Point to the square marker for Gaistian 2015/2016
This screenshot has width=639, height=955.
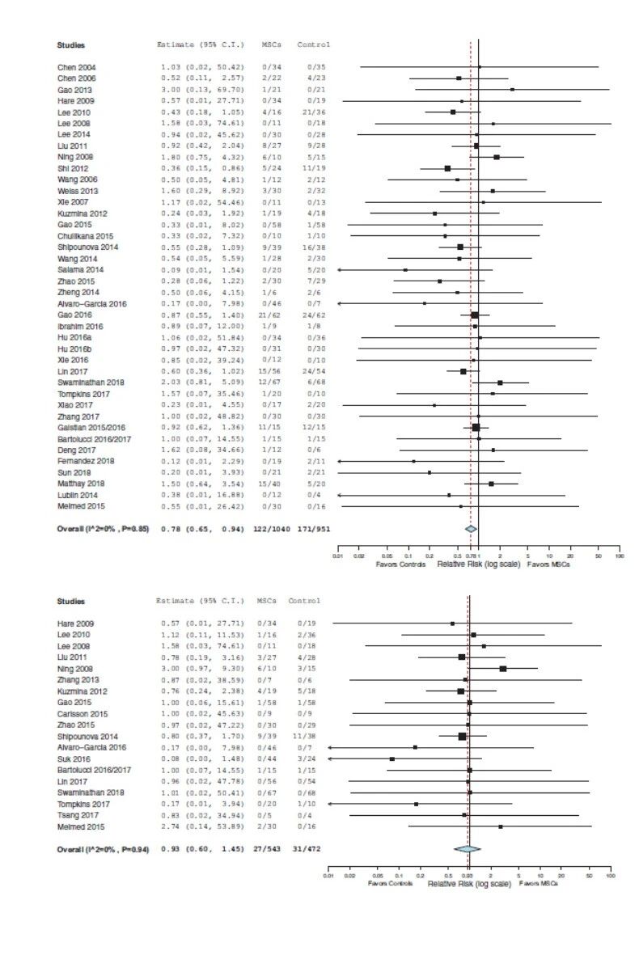pos(476,427)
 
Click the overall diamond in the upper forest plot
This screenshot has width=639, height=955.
pos(471,528)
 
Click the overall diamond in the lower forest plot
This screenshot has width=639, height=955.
pos(467,848)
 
